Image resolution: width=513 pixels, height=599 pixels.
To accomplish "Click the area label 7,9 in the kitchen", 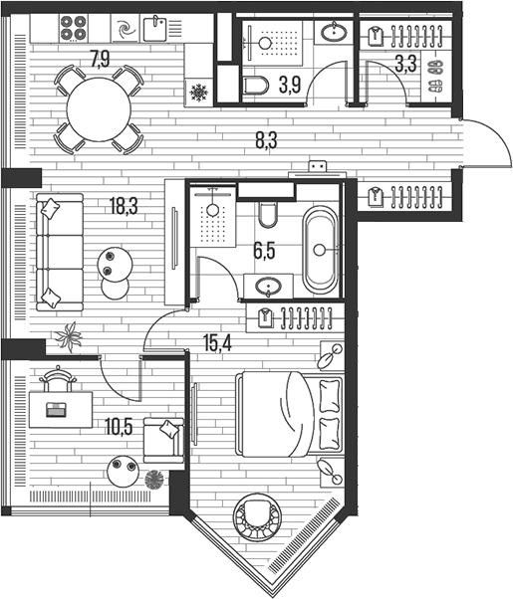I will (x=100, y=59).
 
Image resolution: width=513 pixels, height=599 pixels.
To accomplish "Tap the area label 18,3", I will (x=125, y=206).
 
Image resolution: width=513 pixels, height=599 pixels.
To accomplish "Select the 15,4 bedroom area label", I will (x=217, y=344).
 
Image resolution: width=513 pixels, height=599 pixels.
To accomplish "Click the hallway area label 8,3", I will (x=265, y=140).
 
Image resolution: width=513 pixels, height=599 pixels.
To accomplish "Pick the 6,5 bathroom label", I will (x=264, y=252).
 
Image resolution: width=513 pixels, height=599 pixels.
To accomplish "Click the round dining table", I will (x=99, y=109).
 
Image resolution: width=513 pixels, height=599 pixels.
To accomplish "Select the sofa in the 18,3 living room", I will (x=59, y=252).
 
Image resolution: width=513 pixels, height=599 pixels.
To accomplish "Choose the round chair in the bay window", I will (x=258, y=516).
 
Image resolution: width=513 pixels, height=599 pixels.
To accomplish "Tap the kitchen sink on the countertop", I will (x=157, y=28).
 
